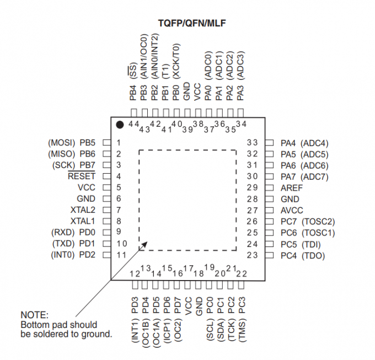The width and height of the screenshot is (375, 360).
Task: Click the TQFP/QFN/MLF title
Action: tap(192, 23)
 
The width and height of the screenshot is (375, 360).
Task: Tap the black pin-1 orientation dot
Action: tap(120, 125)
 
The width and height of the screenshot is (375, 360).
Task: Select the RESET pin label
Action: tap(82, 176)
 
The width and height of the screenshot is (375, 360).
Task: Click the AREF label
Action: tap(292, 188)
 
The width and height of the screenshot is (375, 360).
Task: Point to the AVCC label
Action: tap(292, 211)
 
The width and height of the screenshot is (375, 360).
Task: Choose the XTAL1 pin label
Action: tap(83, 221)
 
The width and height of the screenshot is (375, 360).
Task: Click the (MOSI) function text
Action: tap(62, 143)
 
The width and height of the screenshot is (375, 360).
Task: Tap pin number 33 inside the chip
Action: tap(253, 142)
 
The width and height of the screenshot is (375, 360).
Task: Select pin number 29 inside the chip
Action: tap(253, 187)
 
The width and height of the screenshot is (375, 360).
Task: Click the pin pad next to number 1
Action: tap(107, 143)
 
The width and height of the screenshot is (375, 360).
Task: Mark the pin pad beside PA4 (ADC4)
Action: tap(269, 143)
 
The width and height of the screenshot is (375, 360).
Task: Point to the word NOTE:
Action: tap(35, 315)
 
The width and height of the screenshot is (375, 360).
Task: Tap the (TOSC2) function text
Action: tap(318, 222)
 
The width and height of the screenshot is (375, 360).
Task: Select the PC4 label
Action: tap(288, 256)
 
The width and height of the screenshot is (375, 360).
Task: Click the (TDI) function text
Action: tap(311, 245)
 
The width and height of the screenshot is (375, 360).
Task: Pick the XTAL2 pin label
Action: tap(83, 210)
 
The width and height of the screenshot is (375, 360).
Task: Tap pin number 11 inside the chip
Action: tap(121, 255)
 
